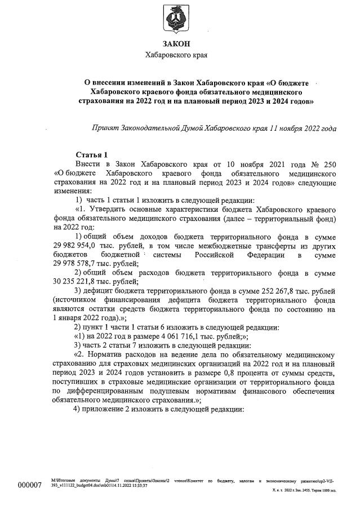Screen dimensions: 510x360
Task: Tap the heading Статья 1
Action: coord(91,155)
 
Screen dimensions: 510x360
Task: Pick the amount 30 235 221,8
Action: coord(77,282)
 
